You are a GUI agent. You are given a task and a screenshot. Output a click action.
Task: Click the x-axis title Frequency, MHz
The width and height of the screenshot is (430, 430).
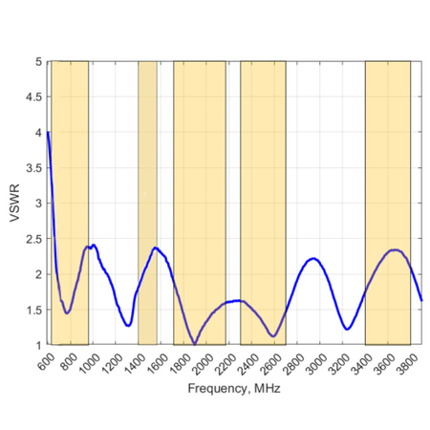(234, 389)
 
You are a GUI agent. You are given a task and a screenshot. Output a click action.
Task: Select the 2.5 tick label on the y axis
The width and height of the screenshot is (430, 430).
(36, 238)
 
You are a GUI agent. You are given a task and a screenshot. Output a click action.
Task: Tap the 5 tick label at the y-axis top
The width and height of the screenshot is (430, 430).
(39, 61)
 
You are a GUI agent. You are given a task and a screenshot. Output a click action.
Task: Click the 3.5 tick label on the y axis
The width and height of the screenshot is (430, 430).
(36, 167)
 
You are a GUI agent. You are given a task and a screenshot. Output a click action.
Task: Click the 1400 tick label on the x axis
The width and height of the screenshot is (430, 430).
(134, 361)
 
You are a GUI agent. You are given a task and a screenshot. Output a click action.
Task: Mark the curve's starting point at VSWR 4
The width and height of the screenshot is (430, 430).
(48, 132)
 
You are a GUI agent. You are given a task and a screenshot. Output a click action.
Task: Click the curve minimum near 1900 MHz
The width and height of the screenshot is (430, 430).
(194, 343)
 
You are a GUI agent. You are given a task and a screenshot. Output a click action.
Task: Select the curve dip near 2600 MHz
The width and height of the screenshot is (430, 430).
(274, 335)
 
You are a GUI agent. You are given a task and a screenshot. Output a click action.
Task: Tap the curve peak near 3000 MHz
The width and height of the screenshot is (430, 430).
(312, 258)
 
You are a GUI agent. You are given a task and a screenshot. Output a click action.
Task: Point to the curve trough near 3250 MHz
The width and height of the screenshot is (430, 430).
(348, 329)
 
